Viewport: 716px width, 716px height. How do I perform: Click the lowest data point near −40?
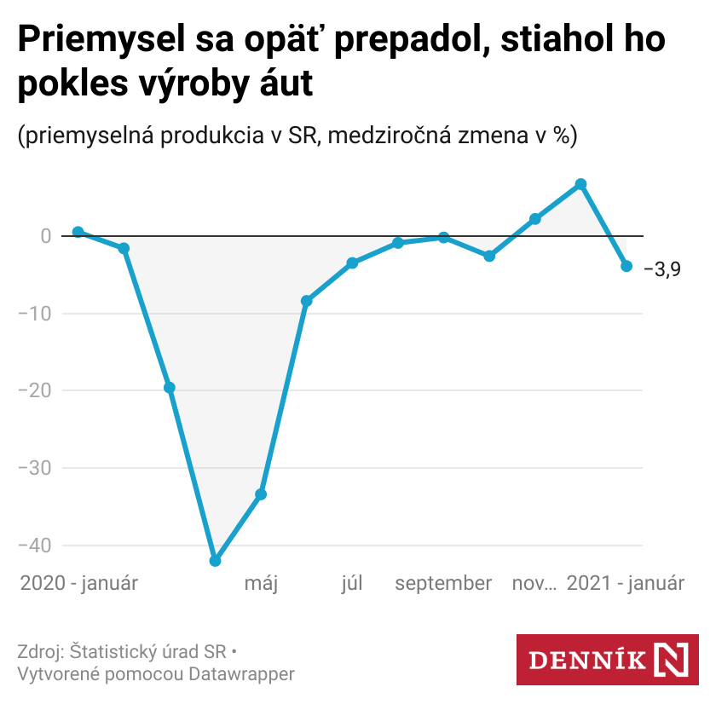click(215, 561)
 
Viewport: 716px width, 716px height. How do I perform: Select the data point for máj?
click(261, 494)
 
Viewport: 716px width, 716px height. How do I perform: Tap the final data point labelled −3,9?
click(626, 266)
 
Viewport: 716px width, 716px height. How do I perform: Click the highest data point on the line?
click(580, 184)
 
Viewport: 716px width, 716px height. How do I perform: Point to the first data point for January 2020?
click(78, 232)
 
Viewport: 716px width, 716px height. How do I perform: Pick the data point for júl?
click(352, 263)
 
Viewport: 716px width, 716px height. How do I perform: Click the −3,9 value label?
click(662, 270)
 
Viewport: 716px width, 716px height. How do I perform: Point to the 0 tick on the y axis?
click(45, 236)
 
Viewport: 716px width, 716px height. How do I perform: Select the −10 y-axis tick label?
click(35, 314)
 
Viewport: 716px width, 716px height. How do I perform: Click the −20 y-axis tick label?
click(35, 390)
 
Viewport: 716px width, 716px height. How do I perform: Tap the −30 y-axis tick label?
click(35, 468)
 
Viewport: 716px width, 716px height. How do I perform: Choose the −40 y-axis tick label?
click(35, 546)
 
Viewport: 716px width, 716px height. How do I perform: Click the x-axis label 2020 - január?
click(78, 584)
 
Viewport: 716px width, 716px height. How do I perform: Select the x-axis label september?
click(443, 584)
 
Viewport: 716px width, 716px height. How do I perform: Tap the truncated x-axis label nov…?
click(534, 584)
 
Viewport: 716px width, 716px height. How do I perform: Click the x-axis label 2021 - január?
click(626, 584)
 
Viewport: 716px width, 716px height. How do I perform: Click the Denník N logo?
click(608, 660)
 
